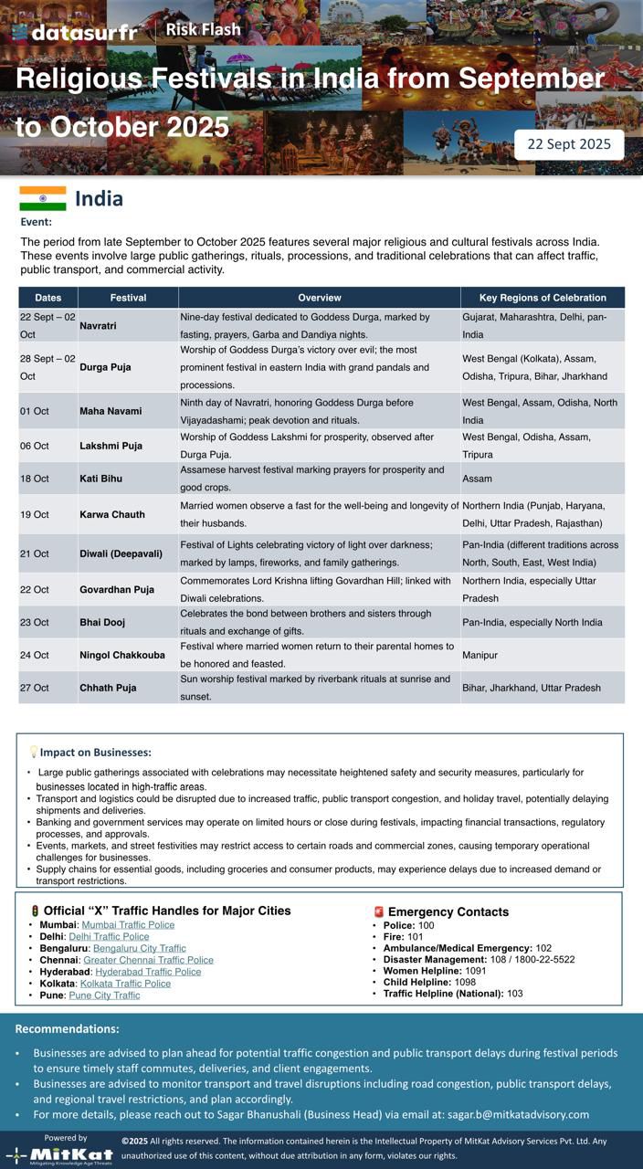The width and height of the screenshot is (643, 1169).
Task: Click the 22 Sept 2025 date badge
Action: [x=569, y=144]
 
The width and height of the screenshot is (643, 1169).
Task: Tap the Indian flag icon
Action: [x=43, y=199]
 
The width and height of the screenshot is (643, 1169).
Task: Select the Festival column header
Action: [x=128, y=298]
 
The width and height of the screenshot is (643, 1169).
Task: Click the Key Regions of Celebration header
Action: [x=543, y=298]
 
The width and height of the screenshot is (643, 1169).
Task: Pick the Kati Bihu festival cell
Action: [x=100, y=479]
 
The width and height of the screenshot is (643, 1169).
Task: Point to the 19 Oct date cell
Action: [x=35, y=515]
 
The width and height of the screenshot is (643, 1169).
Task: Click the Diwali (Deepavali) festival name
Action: [x=121, y=553]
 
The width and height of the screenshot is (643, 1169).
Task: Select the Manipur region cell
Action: [x=480, y=656]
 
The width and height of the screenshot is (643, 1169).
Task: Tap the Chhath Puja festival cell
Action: [x=108, y=688]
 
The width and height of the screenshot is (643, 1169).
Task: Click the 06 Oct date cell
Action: [x=35, y=447]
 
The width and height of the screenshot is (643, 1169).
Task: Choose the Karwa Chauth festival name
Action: [x=112, y=515]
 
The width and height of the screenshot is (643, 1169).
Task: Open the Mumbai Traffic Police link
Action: [x=128, y=925]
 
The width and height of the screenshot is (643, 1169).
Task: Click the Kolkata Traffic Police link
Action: [x=125, y=984]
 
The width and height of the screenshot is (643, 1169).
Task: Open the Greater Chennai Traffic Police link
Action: [x=148, y=960]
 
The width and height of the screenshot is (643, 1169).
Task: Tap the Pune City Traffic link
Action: [x=104, y=995]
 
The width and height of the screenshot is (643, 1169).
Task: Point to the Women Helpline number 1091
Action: [x=476, y=971]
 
